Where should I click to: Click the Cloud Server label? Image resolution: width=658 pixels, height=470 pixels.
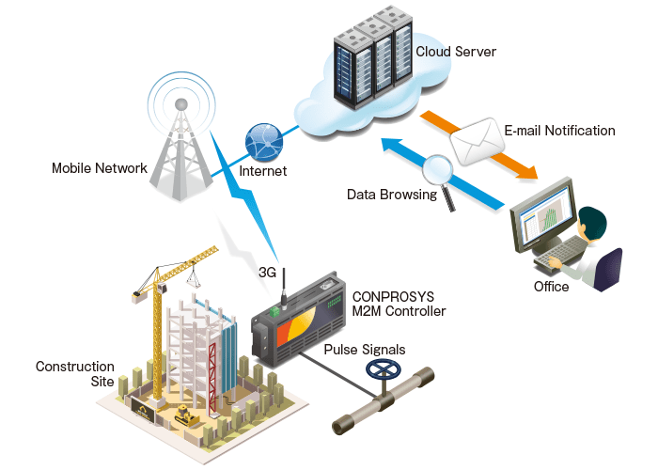[456, 51]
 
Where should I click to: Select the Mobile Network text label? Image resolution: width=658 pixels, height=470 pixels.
[100, 168]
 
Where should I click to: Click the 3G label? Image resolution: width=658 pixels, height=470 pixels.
[267, 274]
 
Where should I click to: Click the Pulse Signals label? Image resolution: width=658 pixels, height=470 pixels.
[365, 350]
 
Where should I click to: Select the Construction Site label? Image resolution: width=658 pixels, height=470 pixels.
[75, 374]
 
